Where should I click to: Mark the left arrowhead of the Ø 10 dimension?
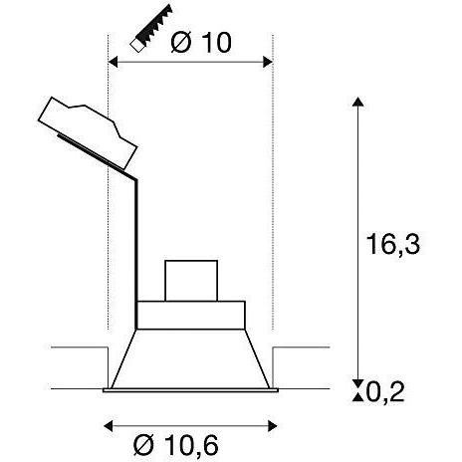[112, 62]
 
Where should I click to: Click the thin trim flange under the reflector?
[191, 390]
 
